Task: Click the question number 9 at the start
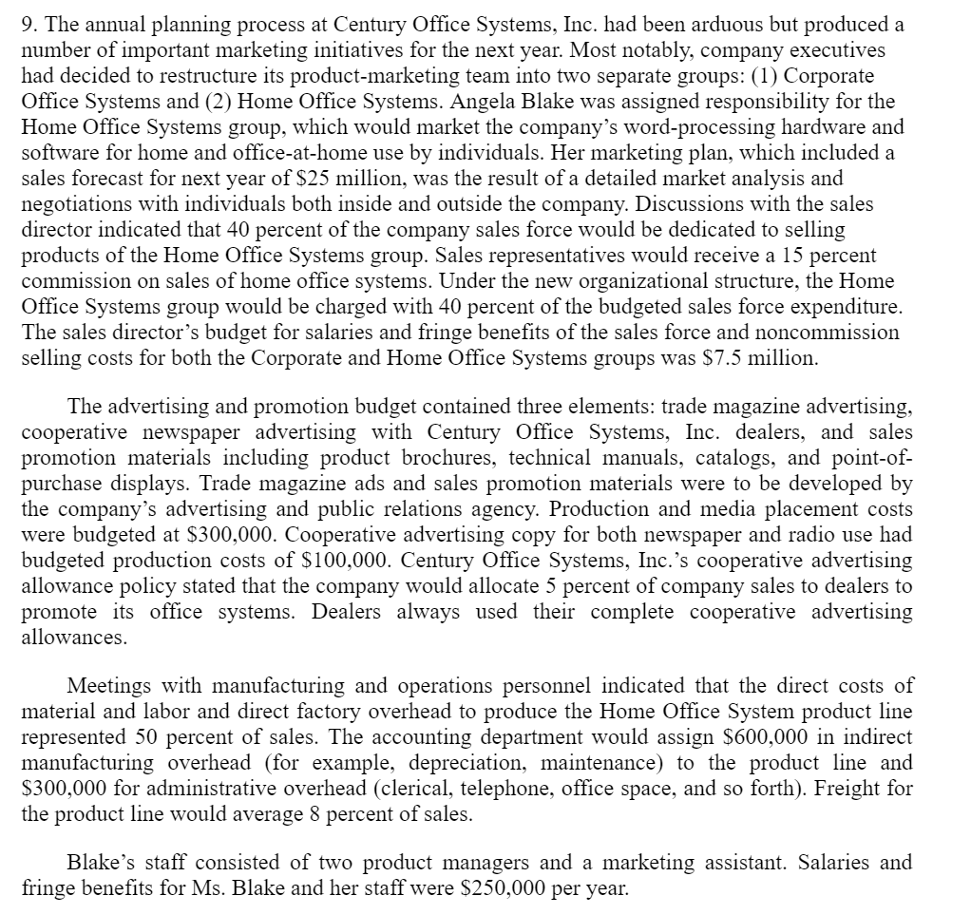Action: point(28,24)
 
